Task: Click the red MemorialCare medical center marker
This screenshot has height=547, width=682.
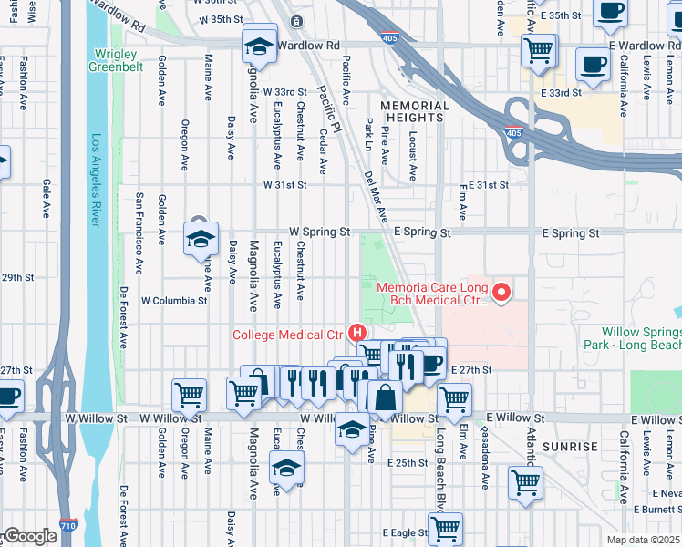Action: pyautogui.click(x=501, y=293)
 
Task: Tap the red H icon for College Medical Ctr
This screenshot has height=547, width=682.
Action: pyautogui.click(x=358, y=335)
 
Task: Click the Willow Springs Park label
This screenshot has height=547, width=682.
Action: pyautogui.click(x=642, y=339)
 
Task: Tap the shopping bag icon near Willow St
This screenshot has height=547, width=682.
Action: pyautogui.click(x=386, y=398)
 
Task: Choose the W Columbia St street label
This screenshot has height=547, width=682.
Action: pyautogui.click(x=174, y=301)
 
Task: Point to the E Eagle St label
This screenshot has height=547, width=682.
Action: pyautogui.click(x=405, y=532)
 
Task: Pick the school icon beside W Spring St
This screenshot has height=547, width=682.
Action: pyautogui.click(x=200, y=239)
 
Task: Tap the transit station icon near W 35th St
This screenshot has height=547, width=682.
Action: pyautogui.click(x=295, y=21)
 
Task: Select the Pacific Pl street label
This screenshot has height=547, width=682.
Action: pyautogui.click(x=328, y=109)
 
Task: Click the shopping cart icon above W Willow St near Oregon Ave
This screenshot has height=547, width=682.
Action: pyautogui.click(x=189, y=395)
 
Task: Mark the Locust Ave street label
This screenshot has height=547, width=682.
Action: pyautogui.click(x=413, y=155)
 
